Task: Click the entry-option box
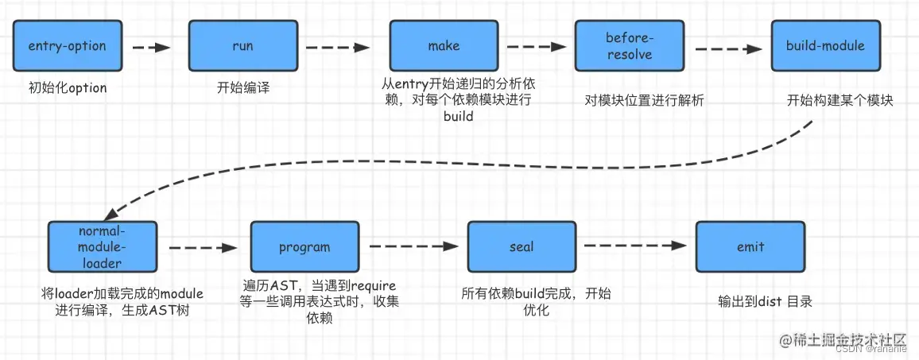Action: click(68, 46)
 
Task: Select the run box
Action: click(242, 46)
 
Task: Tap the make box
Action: click(444, 46)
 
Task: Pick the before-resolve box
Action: click(629, 46)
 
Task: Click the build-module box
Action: click(825, 46)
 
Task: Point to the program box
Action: click(304, 247)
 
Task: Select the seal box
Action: click(522, 247)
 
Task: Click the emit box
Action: click(750, 247)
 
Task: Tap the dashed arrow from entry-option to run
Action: click(151, 48)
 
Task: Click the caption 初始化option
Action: click(68, 87)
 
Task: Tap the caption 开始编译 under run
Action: click(243, 87)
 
